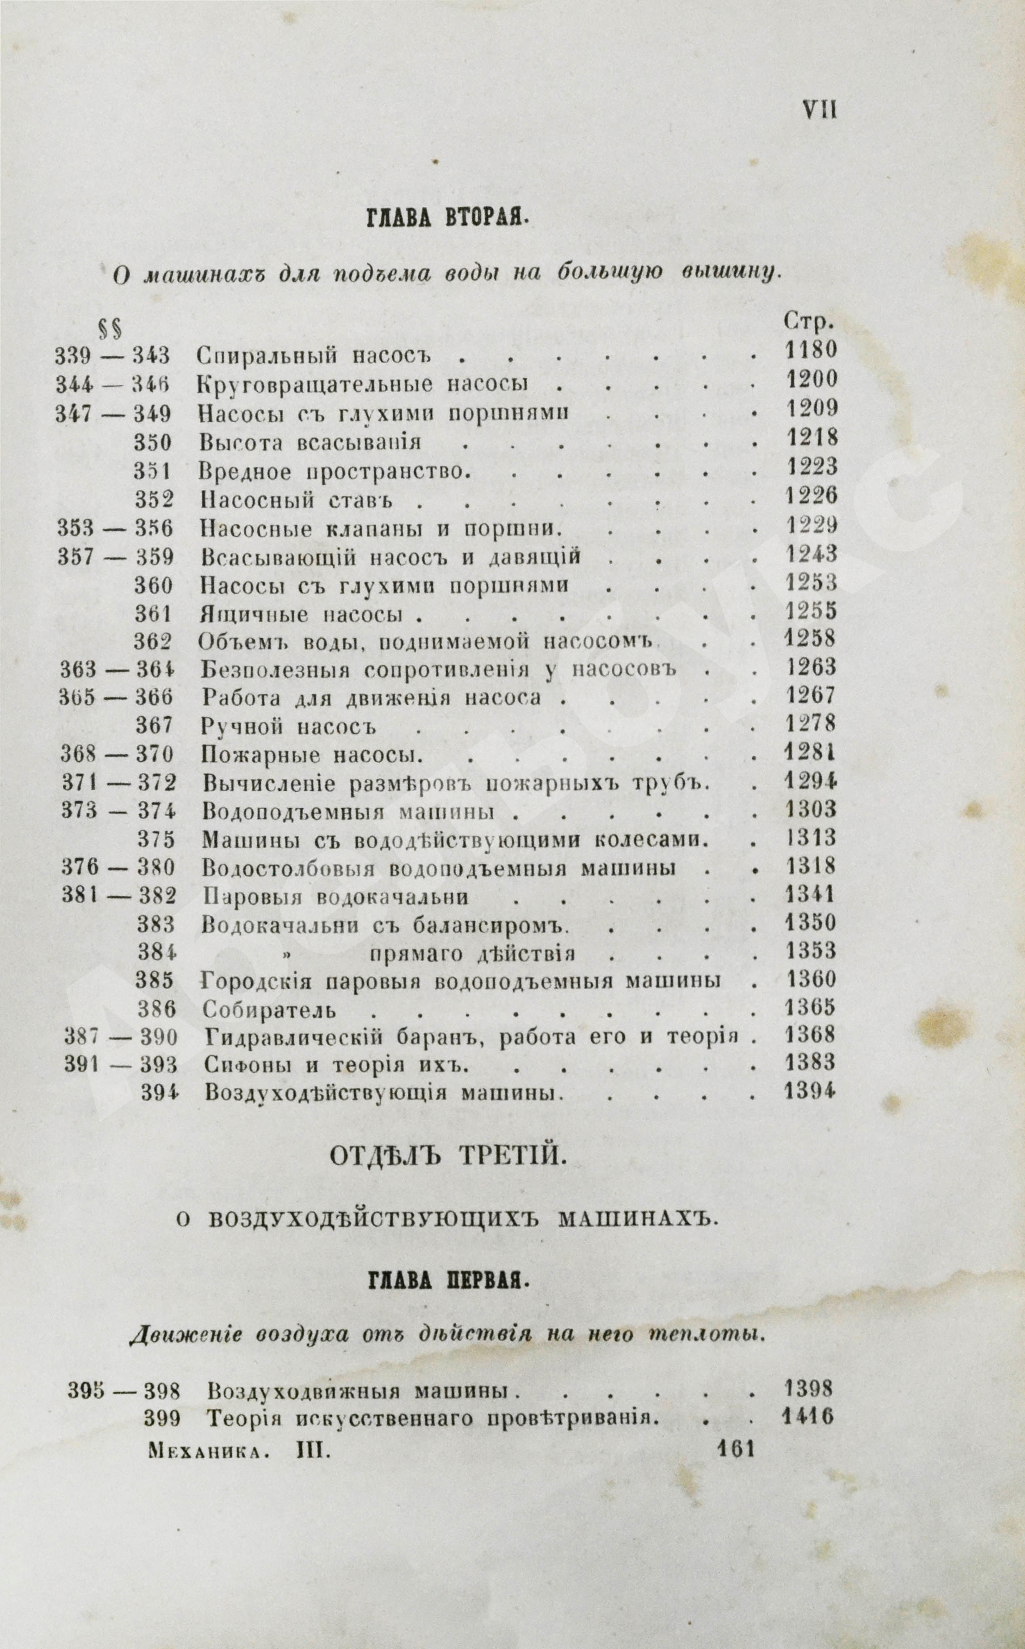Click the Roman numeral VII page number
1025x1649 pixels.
pos(819,109)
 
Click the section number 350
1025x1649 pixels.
pos(154,442)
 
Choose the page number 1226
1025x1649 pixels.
pos(811,496)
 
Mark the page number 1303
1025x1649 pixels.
pos(811,809)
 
